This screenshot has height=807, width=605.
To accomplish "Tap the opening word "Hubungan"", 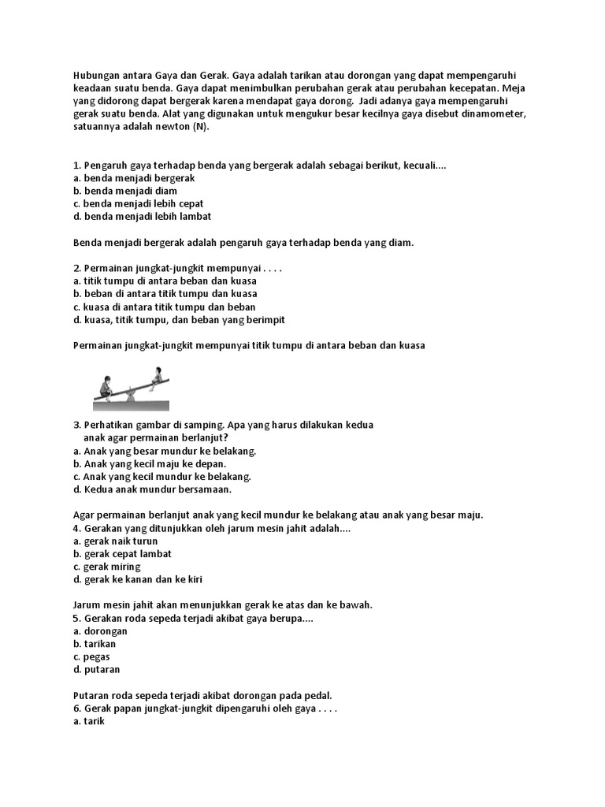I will (x=95, y=76).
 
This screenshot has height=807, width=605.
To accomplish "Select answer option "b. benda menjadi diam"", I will (x=124, y=191).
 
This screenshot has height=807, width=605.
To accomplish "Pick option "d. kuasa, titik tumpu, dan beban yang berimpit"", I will (x=178, y=319).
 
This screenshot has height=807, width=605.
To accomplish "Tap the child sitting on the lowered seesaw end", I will (x=106, y=385).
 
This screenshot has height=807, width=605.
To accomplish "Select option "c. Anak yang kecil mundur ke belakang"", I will (x=161, y=476).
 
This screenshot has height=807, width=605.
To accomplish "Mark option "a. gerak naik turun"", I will (x=115, y=541).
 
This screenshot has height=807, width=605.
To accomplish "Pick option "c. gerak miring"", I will (x=106, y=567).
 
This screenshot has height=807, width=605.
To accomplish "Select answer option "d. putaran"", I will (x=96, y=669).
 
